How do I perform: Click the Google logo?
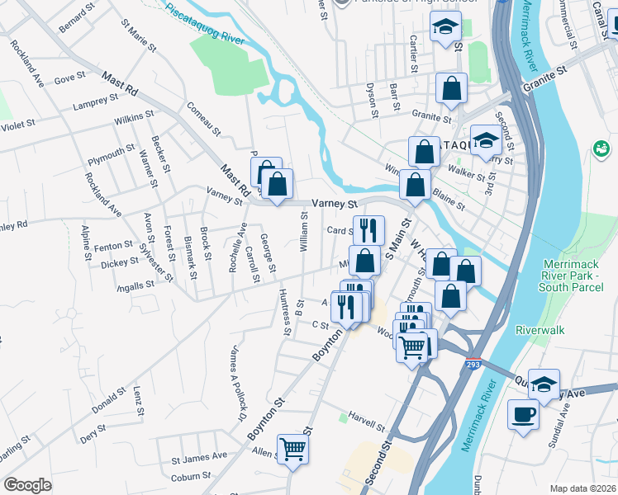[27, 485]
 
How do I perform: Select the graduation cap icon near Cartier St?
[445, 28]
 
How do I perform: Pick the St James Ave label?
[198, 455]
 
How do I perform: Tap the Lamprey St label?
[95, 102]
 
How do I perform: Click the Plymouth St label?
[111, 153]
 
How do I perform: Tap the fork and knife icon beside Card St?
[368, 229]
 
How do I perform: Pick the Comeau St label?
[204, 118]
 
